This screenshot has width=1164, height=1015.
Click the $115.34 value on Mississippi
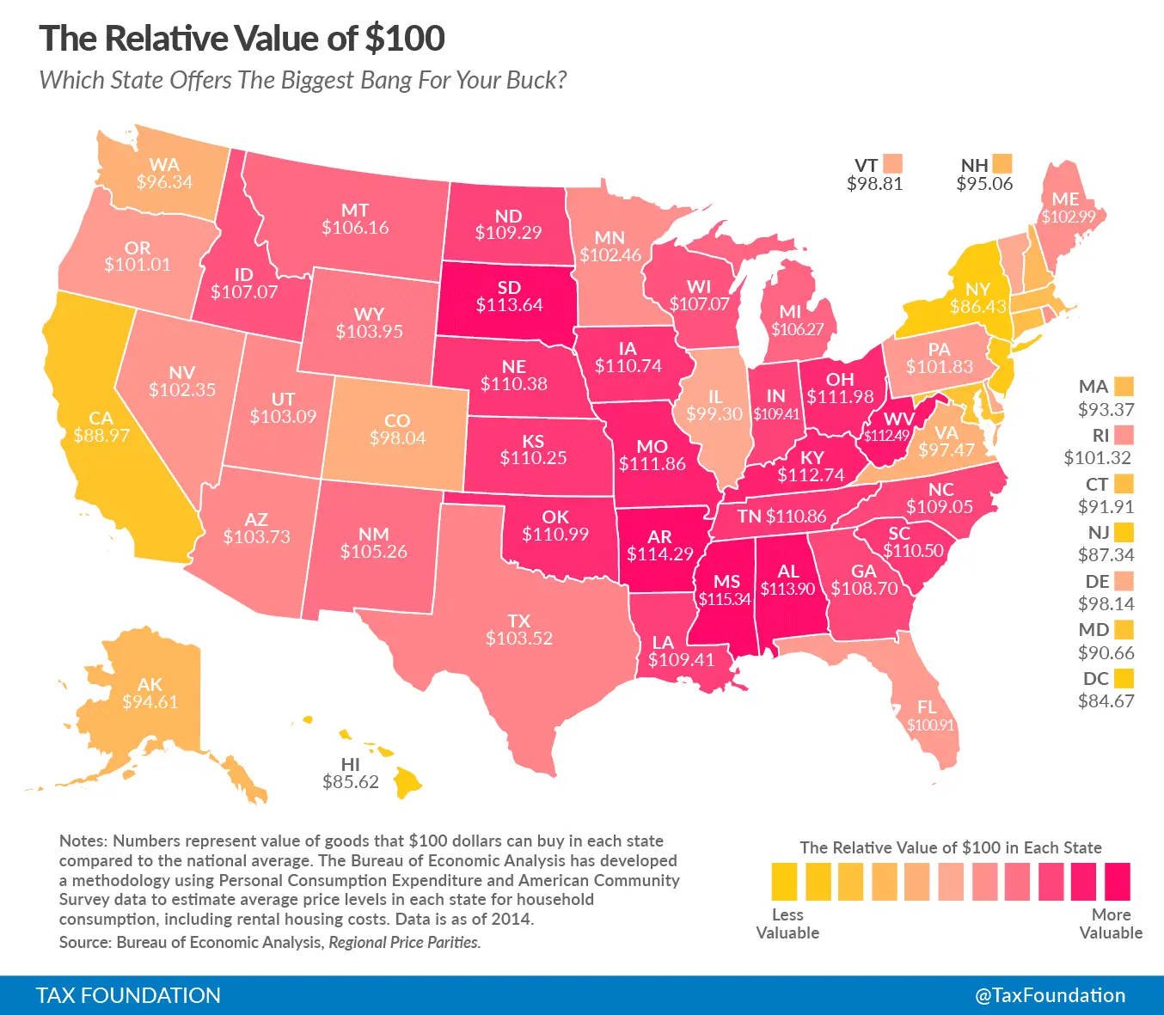click(x=724, y=599)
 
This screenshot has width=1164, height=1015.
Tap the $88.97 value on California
click(x=101, y=436)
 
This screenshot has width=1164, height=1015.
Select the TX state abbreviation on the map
click(x=519, y=621)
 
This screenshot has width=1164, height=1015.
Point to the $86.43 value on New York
click(x=977, y=307)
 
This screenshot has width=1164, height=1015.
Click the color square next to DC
click(x=1124, y=678)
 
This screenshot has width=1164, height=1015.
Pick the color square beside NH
click(x=1002, y=163)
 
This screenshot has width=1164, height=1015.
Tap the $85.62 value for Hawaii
click(x=351, y=782)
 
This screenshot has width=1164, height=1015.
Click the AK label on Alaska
click(x=150, y=684)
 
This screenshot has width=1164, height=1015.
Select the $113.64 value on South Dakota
click(x=510, y=305)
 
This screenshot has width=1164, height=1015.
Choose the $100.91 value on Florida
click(x=930, y=725)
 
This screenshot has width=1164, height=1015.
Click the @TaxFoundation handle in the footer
click(x=1050, y=995)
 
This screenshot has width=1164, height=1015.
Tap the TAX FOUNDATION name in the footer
click(x=128, y=995)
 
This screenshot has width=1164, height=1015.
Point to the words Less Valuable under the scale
click(x=787, y=924)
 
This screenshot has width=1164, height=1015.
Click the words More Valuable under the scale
click(x=1111, y=924)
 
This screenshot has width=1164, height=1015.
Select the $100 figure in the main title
click(x=404, y=39)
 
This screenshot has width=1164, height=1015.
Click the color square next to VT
click(x=892, y=163)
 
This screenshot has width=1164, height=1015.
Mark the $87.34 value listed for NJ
click(x=1106, y=555)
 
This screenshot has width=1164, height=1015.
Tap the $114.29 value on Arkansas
click(x=659, y=554)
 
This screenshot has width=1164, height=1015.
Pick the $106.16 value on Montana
click(x=355, y=228)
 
